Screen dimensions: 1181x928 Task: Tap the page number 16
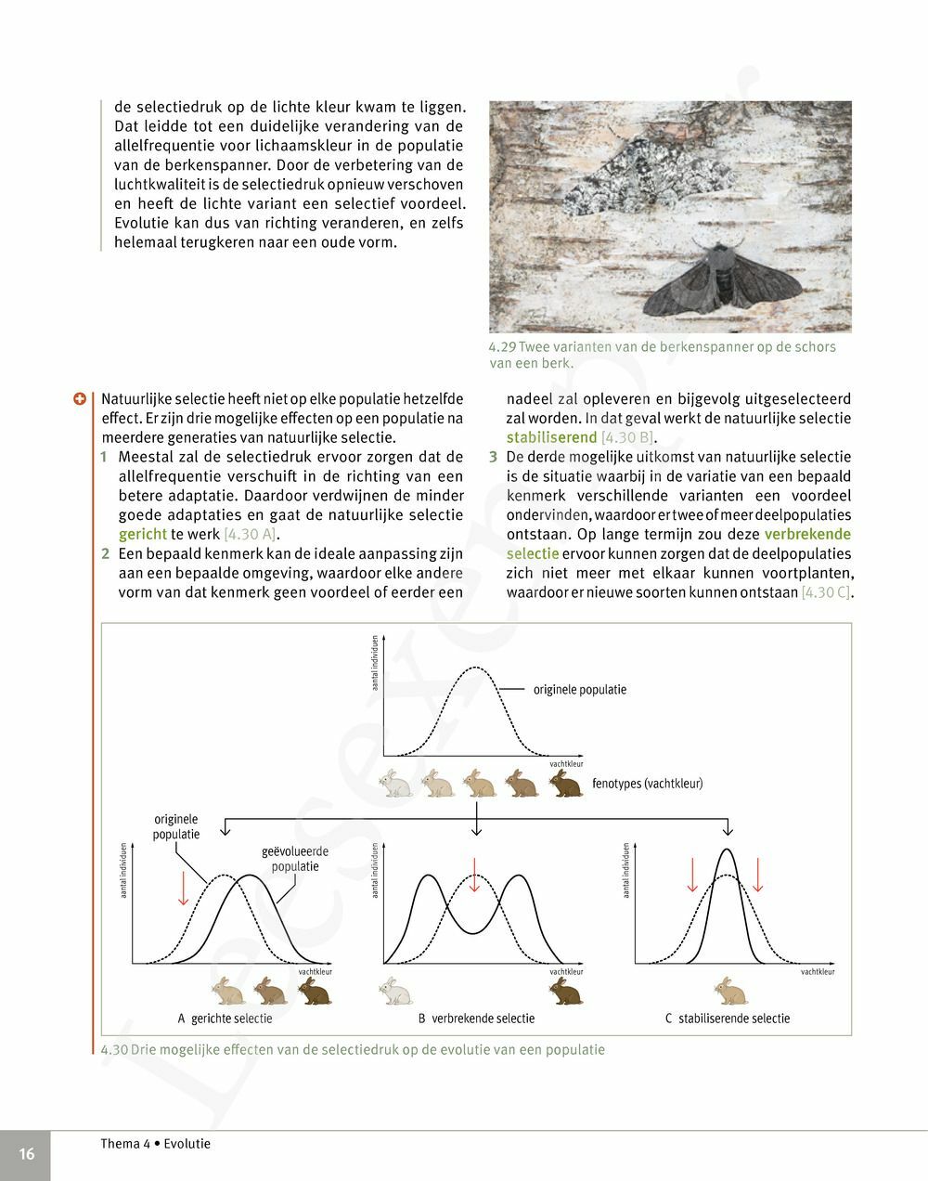pos(26,1154)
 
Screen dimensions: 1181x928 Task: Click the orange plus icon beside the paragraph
pos(81,398)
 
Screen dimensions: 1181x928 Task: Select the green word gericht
pos(143,534)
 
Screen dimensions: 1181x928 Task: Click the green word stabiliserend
pos(551,437)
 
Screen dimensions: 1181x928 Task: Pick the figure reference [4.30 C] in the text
pos(826,592)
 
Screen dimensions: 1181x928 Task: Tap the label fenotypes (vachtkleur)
pos(647,784)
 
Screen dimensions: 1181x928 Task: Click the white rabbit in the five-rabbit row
pos(396,784)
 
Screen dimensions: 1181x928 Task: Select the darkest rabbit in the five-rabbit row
pos(565,784)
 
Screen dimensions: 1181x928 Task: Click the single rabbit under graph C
pos(730,991)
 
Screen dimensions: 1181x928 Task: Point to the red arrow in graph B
pos(474,875)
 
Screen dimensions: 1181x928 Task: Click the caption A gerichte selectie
pos(226,1019)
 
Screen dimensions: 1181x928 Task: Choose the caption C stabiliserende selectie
pos(728,1019)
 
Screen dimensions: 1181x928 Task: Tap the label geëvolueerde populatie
pos(295,859)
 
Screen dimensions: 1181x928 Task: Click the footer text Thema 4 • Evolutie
pos(156,1144)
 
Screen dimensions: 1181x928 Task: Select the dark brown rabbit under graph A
pos(314,992)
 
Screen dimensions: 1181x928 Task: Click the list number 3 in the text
pos(494,457)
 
